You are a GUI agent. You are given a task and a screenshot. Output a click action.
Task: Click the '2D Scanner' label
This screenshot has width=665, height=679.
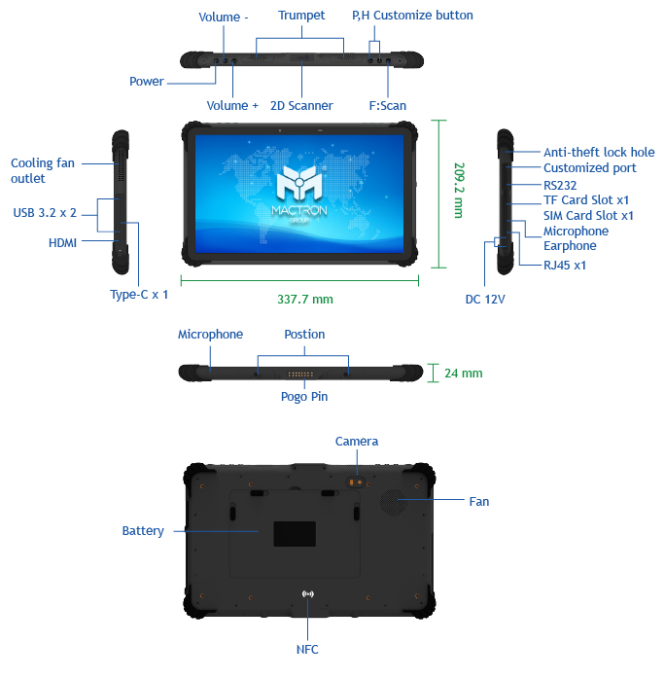click(x=301, y=106)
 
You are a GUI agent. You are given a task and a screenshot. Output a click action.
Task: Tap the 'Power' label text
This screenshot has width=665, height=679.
click(x=147, y=82)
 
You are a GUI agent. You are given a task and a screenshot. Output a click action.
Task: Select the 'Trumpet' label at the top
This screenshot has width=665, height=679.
click(x=301, y=16)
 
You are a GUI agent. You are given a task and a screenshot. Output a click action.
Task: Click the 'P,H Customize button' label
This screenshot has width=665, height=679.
click(x=412, y=16)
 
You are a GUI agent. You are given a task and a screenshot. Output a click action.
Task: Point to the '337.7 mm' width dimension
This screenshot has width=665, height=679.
click(x=305, y=300)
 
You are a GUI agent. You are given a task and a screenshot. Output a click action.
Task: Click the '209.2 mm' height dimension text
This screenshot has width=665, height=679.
click(x=459, y=190)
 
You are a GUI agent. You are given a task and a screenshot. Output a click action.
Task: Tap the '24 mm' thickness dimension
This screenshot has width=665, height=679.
click(x=464, y=374)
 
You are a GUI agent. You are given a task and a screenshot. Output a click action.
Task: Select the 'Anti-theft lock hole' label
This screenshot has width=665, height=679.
click(x=599, y=153)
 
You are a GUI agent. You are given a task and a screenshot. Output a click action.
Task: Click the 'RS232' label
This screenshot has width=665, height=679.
click(x=560, y=186)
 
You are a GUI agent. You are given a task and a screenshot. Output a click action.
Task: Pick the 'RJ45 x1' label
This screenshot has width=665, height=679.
click(x=565, y=265)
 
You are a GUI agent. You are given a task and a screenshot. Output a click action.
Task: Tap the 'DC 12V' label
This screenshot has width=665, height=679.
click(x=485, y=300)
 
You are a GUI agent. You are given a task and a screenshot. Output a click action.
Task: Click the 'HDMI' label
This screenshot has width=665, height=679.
click(x=63, y=243)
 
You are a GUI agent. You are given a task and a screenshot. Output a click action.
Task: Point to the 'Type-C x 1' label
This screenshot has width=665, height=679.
click(x=139, y=295)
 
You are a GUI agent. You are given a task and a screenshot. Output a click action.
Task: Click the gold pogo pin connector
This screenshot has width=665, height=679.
click(x=300, y=375)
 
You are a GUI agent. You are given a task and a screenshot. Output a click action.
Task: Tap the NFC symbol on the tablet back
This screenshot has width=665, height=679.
click(x=307, y=594)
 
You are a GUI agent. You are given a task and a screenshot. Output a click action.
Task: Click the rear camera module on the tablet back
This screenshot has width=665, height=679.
click(x=356, y=482)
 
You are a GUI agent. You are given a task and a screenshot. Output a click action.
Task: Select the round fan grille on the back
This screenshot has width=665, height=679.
click(x=394, y=503)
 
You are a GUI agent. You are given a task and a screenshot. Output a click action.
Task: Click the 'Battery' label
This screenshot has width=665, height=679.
click(x=143, y=531)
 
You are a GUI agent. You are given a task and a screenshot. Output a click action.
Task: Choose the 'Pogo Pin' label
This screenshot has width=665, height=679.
click(x=304, y=397)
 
